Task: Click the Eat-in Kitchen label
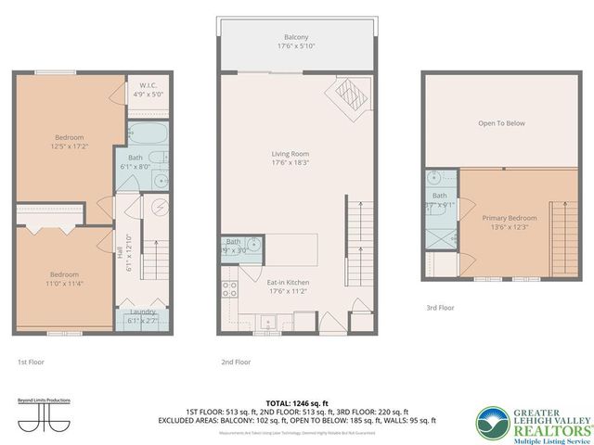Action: pyautogui.click(x=290, y=281)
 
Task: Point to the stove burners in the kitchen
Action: pyautogui.click(x=228, y=288)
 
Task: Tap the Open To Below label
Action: pyautogui.click(x=501, y=122)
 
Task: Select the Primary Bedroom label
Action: pyautogui.click(x=509, y=217)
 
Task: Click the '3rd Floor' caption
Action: pyautogui.click(x=441, y=307)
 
